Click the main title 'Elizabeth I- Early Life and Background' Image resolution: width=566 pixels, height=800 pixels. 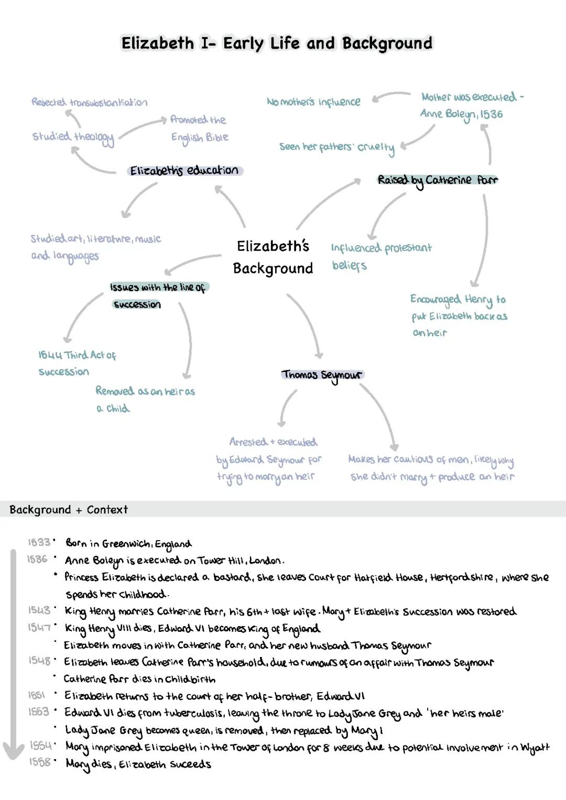pos(277,43)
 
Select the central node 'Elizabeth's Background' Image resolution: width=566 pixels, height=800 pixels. pos(273,257)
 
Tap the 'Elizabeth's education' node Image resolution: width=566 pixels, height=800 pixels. pos(184,171)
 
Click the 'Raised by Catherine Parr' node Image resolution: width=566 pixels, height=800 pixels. pos(438,180)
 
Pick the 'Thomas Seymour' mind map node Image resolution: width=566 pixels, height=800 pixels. pos(322,375)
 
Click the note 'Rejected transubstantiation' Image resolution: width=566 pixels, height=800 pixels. pos(89,102)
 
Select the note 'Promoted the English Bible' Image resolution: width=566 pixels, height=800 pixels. pos(199,128)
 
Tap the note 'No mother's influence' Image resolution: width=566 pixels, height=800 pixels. pos(313,102)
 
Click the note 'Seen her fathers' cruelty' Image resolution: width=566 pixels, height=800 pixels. pos(337,147)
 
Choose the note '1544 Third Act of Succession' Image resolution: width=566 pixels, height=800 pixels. pos(77,363)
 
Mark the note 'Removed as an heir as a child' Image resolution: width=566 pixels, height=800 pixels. pos(145,399)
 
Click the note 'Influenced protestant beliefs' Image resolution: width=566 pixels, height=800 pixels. pos(381,256)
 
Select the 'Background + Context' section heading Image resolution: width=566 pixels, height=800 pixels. pos(69,510)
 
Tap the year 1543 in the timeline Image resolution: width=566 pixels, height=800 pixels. pos(39,610)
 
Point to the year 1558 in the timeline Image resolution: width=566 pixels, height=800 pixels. pos(40,762)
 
